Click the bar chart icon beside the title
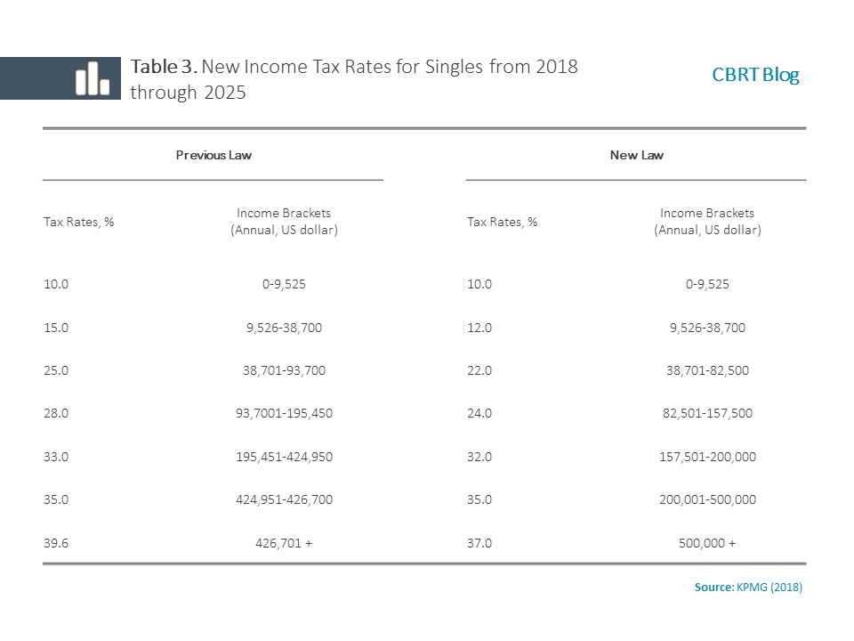tap(93, 78)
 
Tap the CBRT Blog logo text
tap(755, 75)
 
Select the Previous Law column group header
tap(213, 155)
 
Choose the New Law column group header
tap(637, 155)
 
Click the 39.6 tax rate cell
tap(56, 543)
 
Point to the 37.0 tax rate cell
tap(479, 543)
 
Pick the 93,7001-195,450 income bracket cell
tap(284, 413)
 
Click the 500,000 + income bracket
tap(707, 543)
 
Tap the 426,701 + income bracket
tap(284, 543)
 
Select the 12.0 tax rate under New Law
tap(479, 328)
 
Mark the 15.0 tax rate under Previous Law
tap(56, 328)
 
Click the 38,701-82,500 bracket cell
tap(707, 370)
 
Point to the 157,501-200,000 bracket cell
tap(707, 457)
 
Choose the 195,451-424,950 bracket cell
tap(284, 457)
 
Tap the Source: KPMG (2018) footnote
tap(748, 587)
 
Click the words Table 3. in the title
tap(164, 67)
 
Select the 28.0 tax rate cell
tap(56, 413)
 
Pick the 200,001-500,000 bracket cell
tap(707, 499)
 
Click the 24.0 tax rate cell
tap(479, 413)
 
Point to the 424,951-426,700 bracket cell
tap(284, 499)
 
